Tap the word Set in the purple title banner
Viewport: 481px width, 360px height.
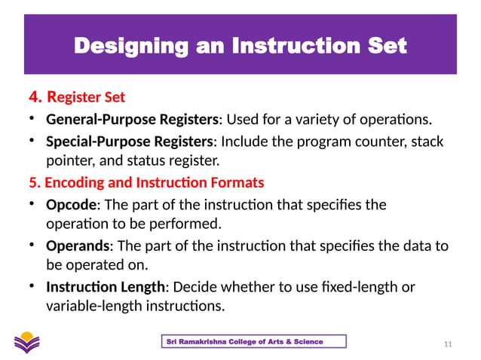385,46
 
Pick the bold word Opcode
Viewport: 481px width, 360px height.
70,204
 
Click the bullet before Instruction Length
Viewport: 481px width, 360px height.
32,287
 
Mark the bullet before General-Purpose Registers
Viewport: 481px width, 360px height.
32,119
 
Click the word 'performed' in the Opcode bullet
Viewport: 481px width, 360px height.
190,224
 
